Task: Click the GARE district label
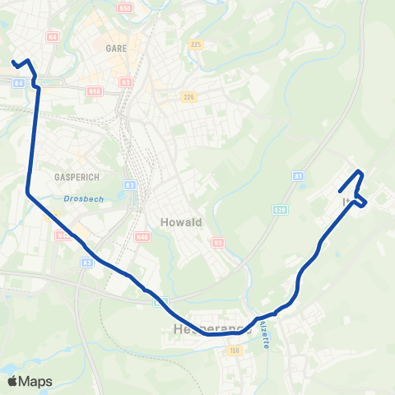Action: pos(116,49)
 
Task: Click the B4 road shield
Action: pos(19,81)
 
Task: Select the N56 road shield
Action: pos(95,91)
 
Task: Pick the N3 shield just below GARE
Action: pos(126,82)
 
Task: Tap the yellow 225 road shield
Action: pos(194,44)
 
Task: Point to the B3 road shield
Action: pos(130,185)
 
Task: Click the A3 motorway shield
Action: pos(86,263)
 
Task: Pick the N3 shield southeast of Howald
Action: pos(217,242)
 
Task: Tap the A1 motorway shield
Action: pos(298,176)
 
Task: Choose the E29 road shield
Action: pos(280,210)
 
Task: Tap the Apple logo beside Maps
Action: pos(13,381)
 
